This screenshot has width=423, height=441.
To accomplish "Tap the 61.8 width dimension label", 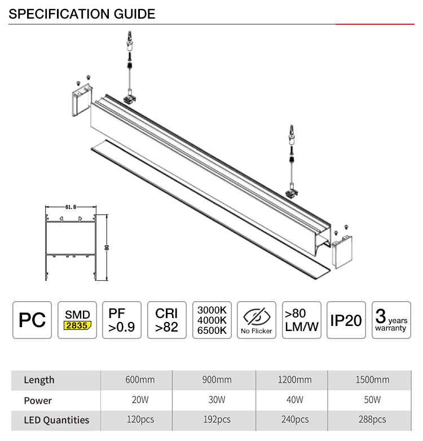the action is tap(70, 208).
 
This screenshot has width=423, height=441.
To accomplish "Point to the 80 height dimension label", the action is tap(107, 248).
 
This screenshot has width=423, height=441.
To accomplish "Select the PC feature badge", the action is tap(32, 320).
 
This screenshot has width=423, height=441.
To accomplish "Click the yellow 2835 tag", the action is tap(77, 326).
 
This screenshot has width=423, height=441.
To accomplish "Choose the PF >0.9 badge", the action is tap(121, 320).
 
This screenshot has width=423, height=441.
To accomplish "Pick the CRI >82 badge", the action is tap(167, 320).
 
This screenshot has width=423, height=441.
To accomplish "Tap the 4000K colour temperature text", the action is tap(211, 320).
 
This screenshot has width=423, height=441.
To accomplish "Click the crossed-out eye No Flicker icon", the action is tap(257, 316).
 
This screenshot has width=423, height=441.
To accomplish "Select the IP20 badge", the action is tap(346, 320).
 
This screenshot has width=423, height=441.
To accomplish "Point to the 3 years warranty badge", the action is tap(391, 320).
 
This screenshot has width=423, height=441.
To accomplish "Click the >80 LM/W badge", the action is tap(302, 320).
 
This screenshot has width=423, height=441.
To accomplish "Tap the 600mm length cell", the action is tap(140, 380).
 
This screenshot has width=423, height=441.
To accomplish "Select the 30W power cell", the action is tap(217, 400).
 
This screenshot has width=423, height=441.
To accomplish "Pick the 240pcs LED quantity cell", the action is tap(295, 420).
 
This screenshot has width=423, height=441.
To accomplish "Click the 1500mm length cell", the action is tap(373, 380).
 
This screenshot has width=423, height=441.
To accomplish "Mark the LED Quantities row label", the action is tap(56, 420).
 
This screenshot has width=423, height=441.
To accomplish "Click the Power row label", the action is tap(38, 400).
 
